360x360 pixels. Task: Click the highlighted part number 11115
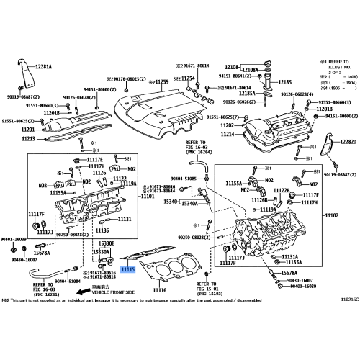(x=127, y=269)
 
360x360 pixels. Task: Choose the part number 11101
(x=148, y=196)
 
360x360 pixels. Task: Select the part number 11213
(x=28, y=138)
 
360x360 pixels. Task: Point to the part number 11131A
(x=289, y=256)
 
